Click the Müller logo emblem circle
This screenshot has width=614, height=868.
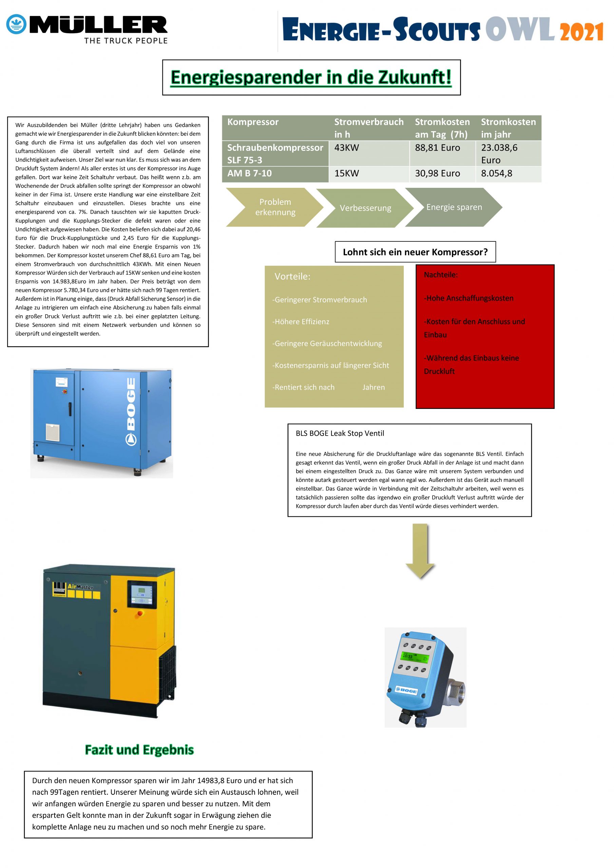[x=16, y=25]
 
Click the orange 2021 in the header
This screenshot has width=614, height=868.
[x=582, y=32]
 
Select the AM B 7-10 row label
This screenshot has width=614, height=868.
[x=250, y=173]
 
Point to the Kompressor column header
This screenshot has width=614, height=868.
[x=253, y=122]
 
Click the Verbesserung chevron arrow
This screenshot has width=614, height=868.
[x=365, y=208]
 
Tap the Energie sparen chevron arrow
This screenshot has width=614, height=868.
[x=454, y=207]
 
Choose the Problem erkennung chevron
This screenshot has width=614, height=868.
[x=275, y=207]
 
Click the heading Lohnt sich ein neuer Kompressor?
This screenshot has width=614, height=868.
[x=415, y=252]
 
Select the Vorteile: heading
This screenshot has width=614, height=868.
[x=292, y=276]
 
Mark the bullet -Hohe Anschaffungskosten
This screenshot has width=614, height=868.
[x=468, y=298]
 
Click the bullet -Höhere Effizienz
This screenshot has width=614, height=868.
[x=301, y=321]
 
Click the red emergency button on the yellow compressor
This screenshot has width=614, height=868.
[x=140, y=613]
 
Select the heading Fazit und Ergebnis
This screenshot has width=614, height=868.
[x=139, y=749]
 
